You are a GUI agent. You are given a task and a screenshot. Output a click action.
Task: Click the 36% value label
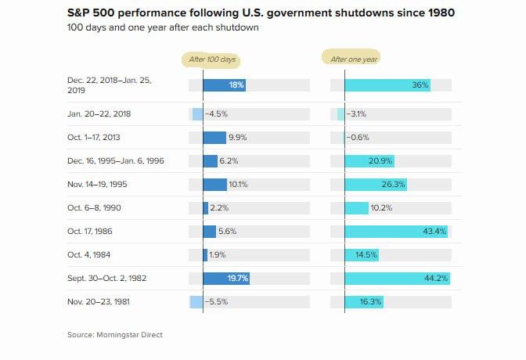coord(420,85)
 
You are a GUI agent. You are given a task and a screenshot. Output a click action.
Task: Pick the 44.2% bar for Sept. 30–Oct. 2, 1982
coord(398,279)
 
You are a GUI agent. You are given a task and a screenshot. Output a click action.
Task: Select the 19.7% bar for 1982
coord(226,279)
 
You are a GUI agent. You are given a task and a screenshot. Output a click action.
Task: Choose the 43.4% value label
coord(434,232)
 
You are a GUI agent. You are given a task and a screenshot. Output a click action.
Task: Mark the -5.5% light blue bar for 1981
coord(196,302)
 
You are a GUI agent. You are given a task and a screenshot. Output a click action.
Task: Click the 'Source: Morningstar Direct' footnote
coord(115,334)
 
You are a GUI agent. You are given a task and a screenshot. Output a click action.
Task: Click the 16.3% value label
coord(370,302)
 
